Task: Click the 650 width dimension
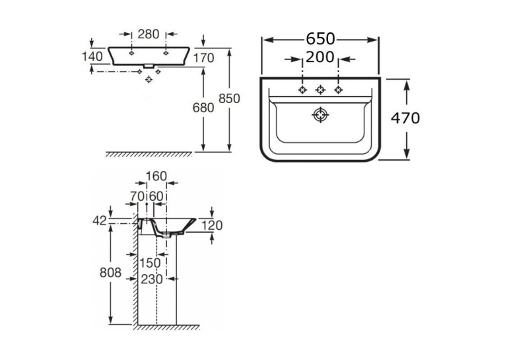click(x=320, y=39)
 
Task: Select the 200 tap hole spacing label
click(x=320, y=57)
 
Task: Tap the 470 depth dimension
click(x=405, y=118)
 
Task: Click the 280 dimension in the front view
click(x=149, y=34)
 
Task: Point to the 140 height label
click(x=92, y=56)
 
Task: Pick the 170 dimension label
click(x=203, y=58)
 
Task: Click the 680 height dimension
click(x=203, y=108)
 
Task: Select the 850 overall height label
click(x=229, y=98)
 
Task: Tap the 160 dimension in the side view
click(x=156, y=176)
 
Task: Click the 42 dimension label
click(x=100, y=221)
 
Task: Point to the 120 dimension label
click(x=212, y=225)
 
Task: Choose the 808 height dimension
click(x=110, y=273)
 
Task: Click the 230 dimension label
click(x=152, y=279)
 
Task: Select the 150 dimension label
click(x=150, y=263)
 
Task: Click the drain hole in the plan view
click(x=320, y=115)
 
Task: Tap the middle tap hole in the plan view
click(x=320, y=90)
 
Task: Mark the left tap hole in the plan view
click(x=302, y=90)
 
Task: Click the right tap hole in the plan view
click(x=338, y=90)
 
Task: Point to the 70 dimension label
click(x=137, y=196)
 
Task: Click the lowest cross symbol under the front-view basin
click(x=149, y=79)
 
